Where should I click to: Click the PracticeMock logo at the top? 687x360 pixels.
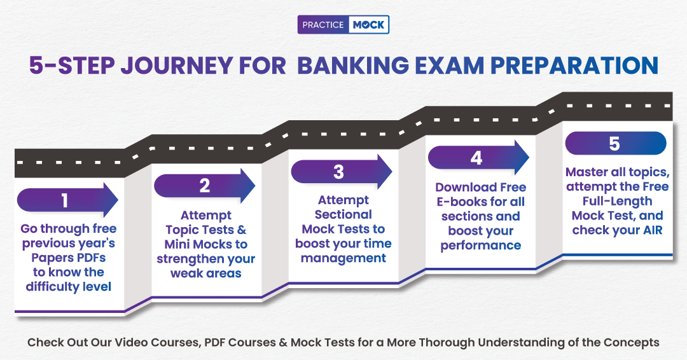pos(343,25)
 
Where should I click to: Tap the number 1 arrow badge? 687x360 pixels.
pos(67,200)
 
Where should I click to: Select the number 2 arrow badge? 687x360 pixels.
pos(205,186)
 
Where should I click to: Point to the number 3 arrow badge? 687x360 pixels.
pos(342,172)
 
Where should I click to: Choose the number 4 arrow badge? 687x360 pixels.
pos(478,158)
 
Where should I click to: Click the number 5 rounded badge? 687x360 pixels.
pos(616,143)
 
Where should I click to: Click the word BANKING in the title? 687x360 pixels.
pos(352,66)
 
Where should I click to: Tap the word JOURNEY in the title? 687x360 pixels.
pos(177,66)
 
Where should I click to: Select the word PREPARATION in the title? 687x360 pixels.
pos(574,66)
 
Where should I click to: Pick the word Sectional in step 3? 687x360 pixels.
pos(343,214)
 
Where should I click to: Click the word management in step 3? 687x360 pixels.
pos(343,258)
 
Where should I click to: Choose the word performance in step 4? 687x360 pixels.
pos(481,246)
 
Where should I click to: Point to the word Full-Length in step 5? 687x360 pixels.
pos(617,201)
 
